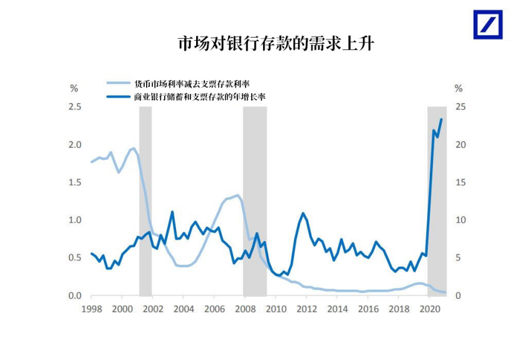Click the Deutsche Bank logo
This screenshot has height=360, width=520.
(487, 24)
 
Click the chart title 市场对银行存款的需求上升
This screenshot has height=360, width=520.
(276, 44)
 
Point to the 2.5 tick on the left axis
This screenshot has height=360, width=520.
(75, 107)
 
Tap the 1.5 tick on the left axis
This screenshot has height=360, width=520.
(75, 182)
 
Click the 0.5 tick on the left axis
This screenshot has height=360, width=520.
(75, 258)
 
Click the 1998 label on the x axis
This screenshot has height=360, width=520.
(91, 309)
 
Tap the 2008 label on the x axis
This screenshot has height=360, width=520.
(245, 309)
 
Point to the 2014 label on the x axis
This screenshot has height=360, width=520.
(337, 309)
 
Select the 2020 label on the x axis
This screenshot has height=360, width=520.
(429, 309)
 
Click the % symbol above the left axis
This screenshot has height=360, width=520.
(74, 88)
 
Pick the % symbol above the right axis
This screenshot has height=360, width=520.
(458, 88)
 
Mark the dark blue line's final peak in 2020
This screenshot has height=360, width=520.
(441, 119)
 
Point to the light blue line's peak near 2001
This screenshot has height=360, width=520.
(133, 148)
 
